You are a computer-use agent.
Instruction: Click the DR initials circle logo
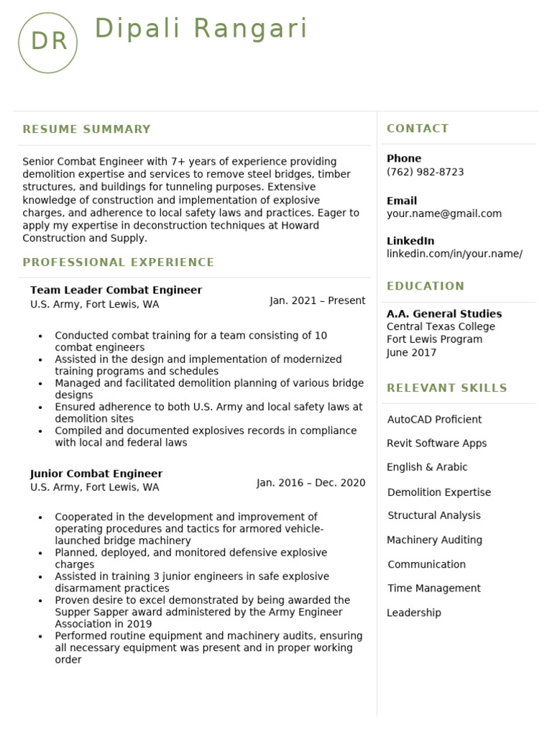point(47,42)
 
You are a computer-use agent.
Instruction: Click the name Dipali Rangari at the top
point(201,29)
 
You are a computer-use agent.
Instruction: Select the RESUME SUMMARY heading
point(87,129)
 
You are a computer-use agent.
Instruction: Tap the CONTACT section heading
point(418,129)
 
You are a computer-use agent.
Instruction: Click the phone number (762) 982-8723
point(425,172)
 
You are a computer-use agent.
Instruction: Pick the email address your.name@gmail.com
point(444,213)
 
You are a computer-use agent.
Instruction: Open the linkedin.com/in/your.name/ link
point(454,254)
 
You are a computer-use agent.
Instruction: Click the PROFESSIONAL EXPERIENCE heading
point(119,262)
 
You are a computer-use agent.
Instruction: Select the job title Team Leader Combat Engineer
point(116,290)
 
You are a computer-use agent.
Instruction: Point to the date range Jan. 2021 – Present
point(318,300)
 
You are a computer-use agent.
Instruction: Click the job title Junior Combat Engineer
point(96,474)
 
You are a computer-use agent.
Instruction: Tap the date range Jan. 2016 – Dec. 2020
point(310,483)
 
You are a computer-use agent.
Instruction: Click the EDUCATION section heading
point(425,286)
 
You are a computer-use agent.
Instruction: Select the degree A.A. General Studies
point(444,314)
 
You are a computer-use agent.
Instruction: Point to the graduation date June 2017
point(411,353)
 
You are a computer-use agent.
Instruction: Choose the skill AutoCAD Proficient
point(434,420)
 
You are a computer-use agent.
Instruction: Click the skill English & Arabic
point(427,467)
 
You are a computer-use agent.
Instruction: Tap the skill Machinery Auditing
point(434,540)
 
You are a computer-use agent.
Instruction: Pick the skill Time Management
point(434,589)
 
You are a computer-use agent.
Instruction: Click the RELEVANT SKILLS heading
point(447,388)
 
